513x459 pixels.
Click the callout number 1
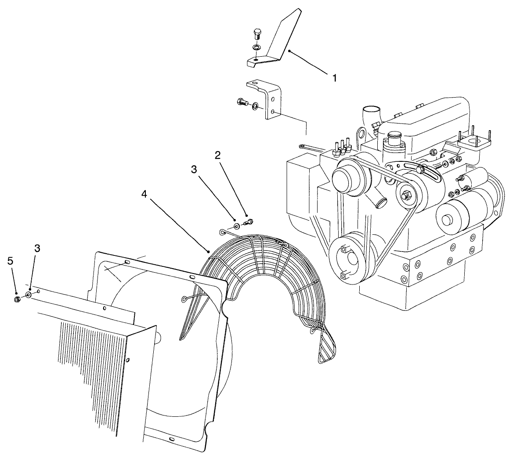[x=334, y=78]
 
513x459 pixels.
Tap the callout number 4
[x=145, y=193]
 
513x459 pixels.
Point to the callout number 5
[x=10, y=261]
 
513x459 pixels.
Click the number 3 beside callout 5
[x=37, y=248]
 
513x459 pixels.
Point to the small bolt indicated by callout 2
[x=249, y=221]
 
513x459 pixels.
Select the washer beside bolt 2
[x=237, y=226]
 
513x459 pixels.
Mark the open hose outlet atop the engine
[x=370, y=109]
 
